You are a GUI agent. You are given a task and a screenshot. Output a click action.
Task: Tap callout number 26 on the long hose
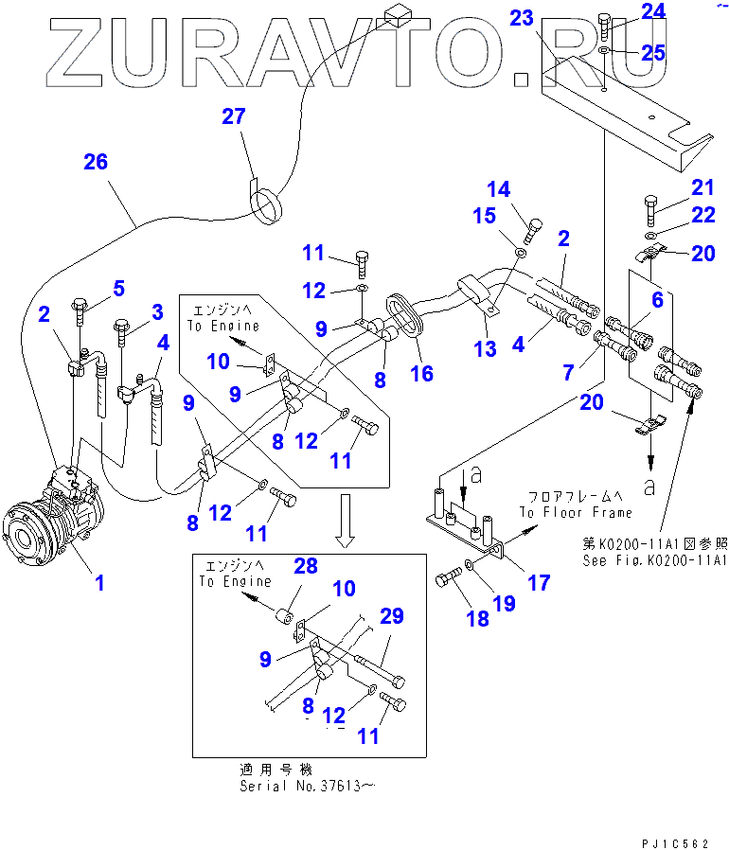click(96, 162)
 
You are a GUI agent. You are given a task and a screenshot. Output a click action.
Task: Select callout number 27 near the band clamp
click(233, 117)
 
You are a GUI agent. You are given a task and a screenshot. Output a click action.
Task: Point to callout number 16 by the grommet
click(421, 373)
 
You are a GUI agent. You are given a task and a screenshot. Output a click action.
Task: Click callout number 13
click(486, 349)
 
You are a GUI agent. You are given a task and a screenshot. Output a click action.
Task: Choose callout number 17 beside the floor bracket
click(539, 583)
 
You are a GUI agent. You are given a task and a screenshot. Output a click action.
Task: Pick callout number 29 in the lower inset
click(392, 617)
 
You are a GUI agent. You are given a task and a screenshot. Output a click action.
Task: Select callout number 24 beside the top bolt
click(653, 11)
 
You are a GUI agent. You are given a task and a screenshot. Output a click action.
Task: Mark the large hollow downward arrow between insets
click(347, 520)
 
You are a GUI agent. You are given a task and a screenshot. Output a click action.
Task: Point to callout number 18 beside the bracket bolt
click(477, 618)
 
